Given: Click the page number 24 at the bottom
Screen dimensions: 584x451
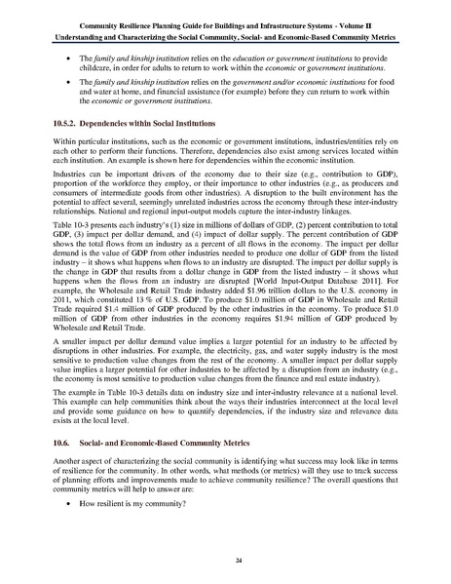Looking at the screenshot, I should (225, 561).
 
